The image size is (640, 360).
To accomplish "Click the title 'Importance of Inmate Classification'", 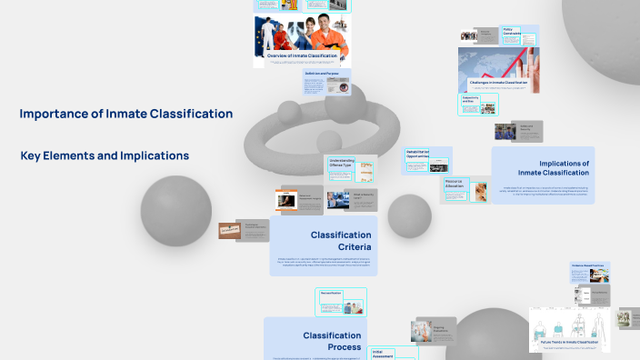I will point(126,114).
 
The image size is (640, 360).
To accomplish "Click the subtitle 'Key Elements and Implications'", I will point(105,155).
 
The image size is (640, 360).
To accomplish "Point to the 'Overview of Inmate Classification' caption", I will point(303,56).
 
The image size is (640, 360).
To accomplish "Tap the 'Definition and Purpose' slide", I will point(327,82).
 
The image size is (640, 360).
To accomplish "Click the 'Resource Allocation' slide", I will point(465,188).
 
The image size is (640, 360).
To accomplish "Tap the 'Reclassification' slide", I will point(342,300).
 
